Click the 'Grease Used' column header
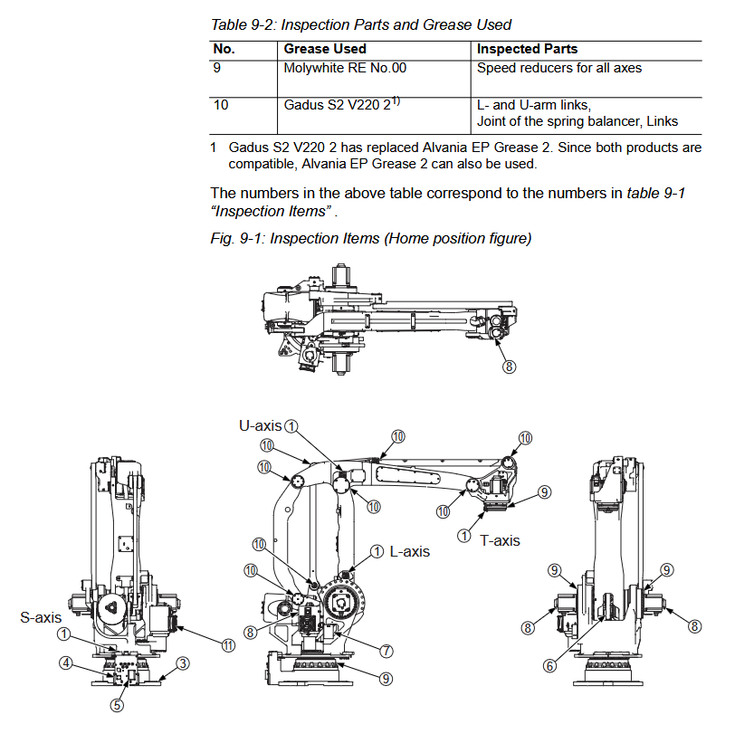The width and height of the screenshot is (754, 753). [x=325, y=49]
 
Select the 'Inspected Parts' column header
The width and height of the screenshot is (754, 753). [x=527, y=49]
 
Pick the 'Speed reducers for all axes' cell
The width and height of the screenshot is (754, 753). [x=559, y=68]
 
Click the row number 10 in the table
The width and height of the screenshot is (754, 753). [x=221, y=105]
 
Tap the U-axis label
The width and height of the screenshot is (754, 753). [x=261, y=424]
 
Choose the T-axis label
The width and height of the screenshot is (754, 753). [x=501, y=540]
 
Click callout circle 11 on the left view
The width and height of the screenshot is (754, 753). [x=229, y=644]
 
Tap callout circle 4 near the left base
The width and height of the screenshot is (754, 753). [x=66, y=662]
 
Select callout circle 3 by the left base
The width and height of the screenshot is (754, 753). [x=182, y=663]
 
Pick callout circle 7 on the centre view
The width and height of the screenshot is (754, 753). [x=387, y=650]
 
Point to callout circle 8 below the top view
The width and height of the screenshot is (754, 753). [x=510, y=367]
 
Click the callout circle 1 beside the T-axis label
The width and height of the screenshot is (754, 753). [x=464, y=536]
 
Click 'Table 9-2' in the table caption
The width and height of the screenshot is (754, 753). [x=237, y=24]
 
